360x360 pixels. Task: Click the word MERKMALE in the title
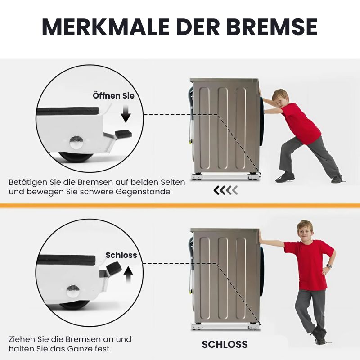click(106, 27)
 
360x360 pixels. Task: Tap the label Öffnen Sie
click(113, 96)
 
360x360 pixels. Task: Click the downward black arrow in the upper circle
click(126, 114)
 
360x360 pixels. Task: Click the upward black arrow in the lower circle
click(128, 275)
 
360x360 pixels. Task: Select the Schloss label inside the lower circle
click(121, 255)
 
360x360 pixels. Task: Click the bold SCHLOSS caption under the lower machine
click(225, 344)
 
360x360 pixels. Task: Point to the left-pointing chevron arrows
click(225, 190)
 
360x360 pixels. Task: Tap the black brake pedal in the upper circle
click(123, 134)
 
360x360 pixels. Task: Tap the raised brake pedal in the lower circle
click(114, 267)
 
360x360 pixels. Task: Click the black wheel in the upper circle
click(76, 157)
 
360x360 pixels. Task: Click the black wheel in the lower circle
click(74, 306)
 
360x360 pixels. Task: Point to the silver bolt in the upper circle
click(76, 142)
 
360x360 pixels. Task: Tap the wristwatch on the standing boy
click(329, 266)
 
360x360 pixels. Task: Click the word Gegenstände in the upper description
click(143, 192)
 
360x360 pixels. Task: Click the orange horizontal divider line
click(180, 206)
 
